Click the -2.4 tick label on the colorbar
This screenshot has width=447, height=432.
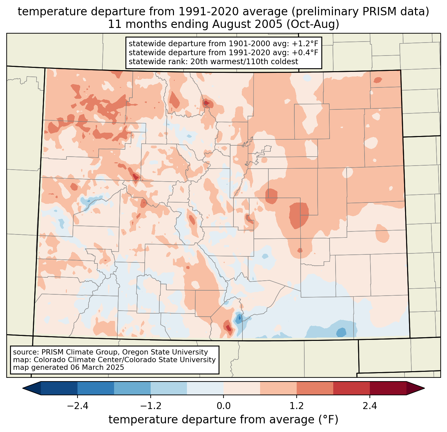(x=77, y=406)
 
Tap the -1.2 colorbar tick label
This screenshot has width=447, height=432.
(x=151, y=406)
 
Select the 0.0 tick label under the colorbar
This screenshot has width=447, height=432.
(x=223, y=406)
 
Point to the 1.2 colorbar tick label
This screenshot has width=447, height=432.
(x=297, y=406)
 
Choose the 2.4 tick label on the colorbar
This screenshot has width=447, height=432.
(x=370, y=406)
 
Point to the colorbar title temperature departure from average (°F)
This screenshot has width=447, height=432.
(x=223, y=420)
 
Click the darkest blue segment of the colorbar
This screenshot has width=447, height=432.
(x=59, y=388)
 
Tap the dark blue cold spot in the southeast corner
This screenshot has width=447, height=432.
(x=341, y=332)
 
